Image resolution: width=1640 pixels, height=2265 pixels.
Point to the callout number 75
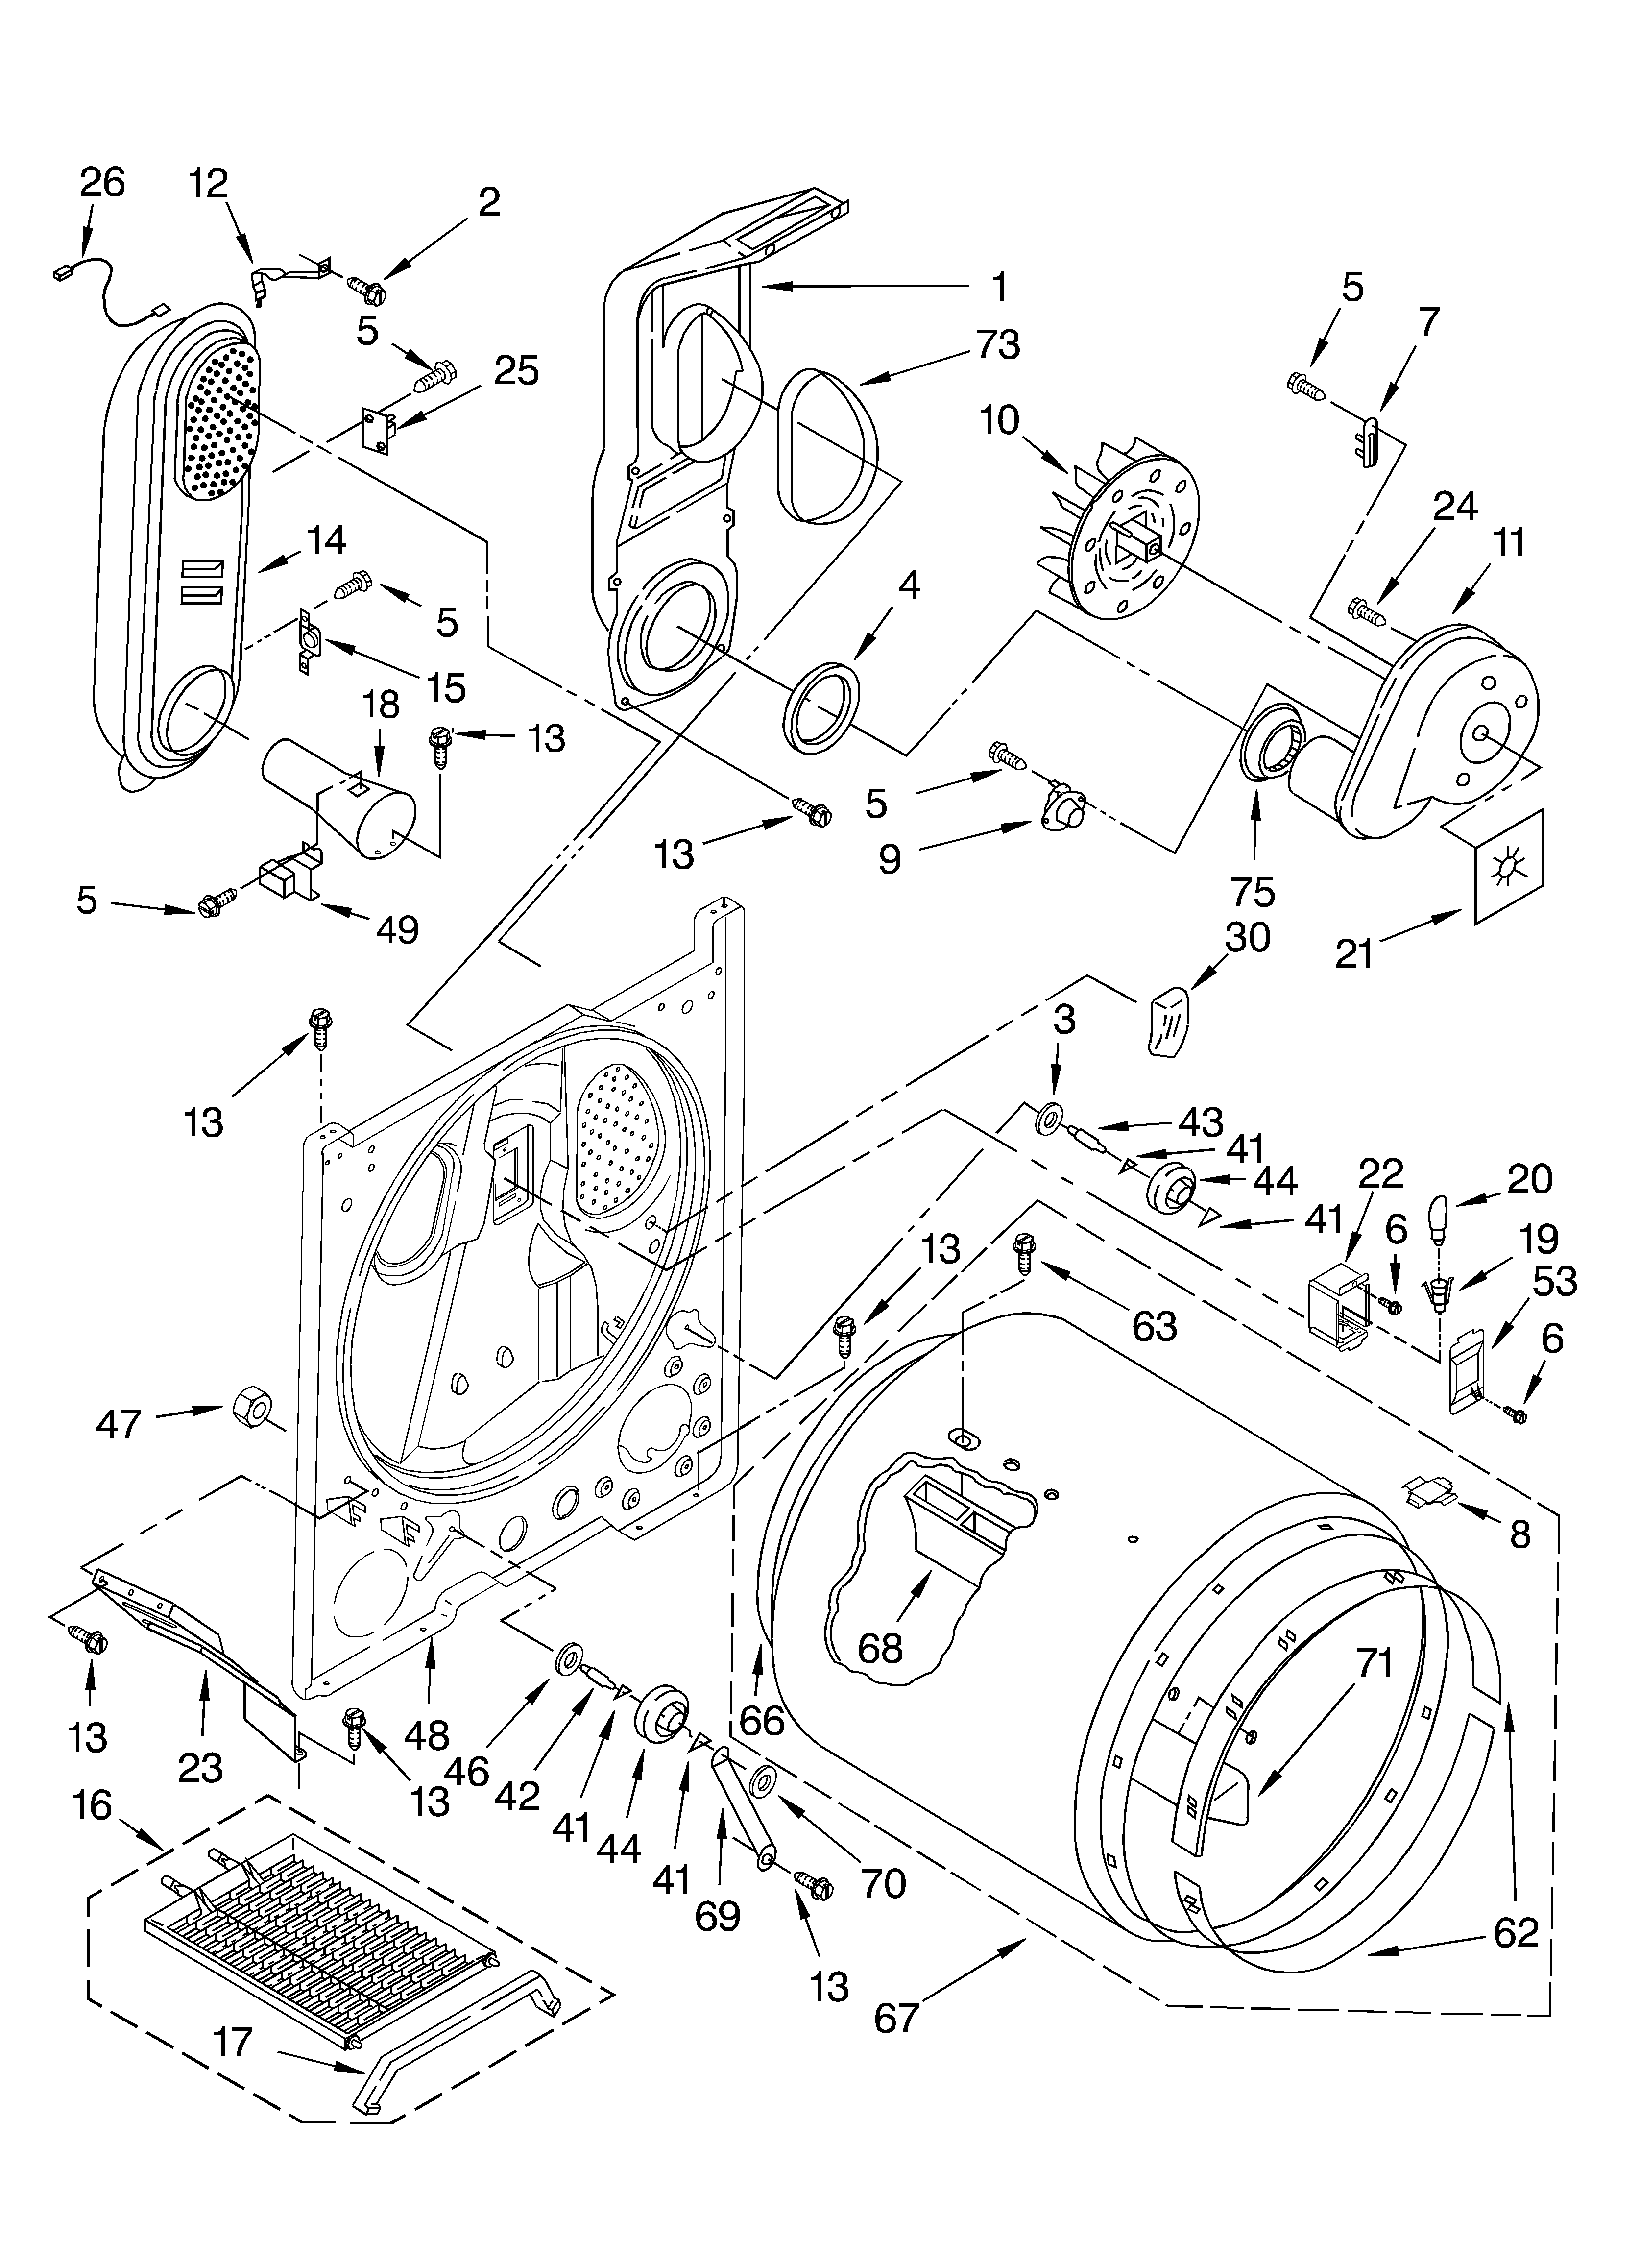1253,890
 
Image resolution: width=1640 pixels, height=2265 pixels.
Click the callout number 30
1247,937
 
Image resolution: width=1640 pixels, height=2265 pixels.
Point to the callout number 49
396,930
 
